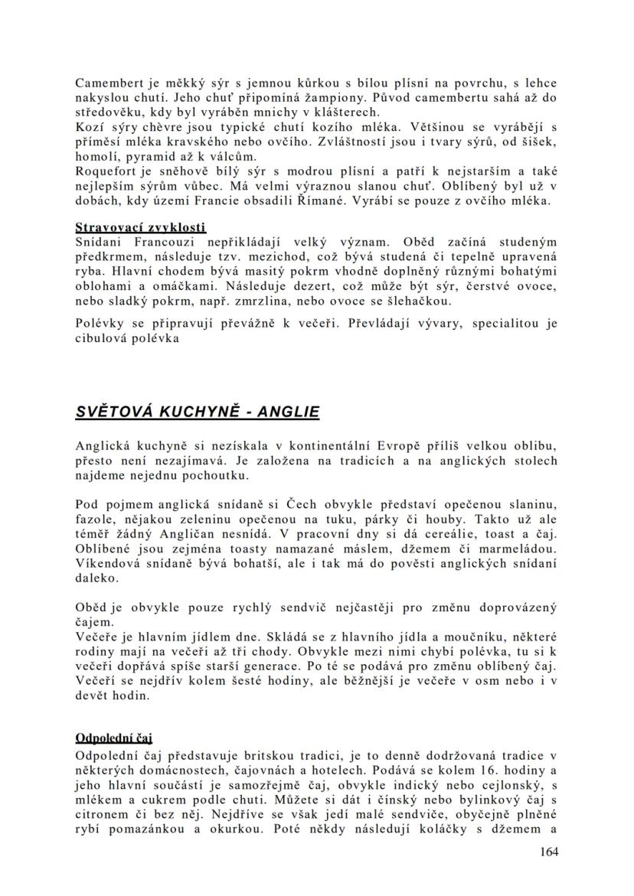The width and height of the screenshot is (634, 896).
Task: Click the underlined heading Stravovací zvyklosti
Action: [x=141, y=227]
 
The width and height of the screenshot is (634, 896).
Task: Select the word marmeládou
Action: [x=512, y=549]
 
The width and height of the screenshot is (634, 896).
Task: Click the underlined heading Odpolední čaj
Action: [x=114, y=738]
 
